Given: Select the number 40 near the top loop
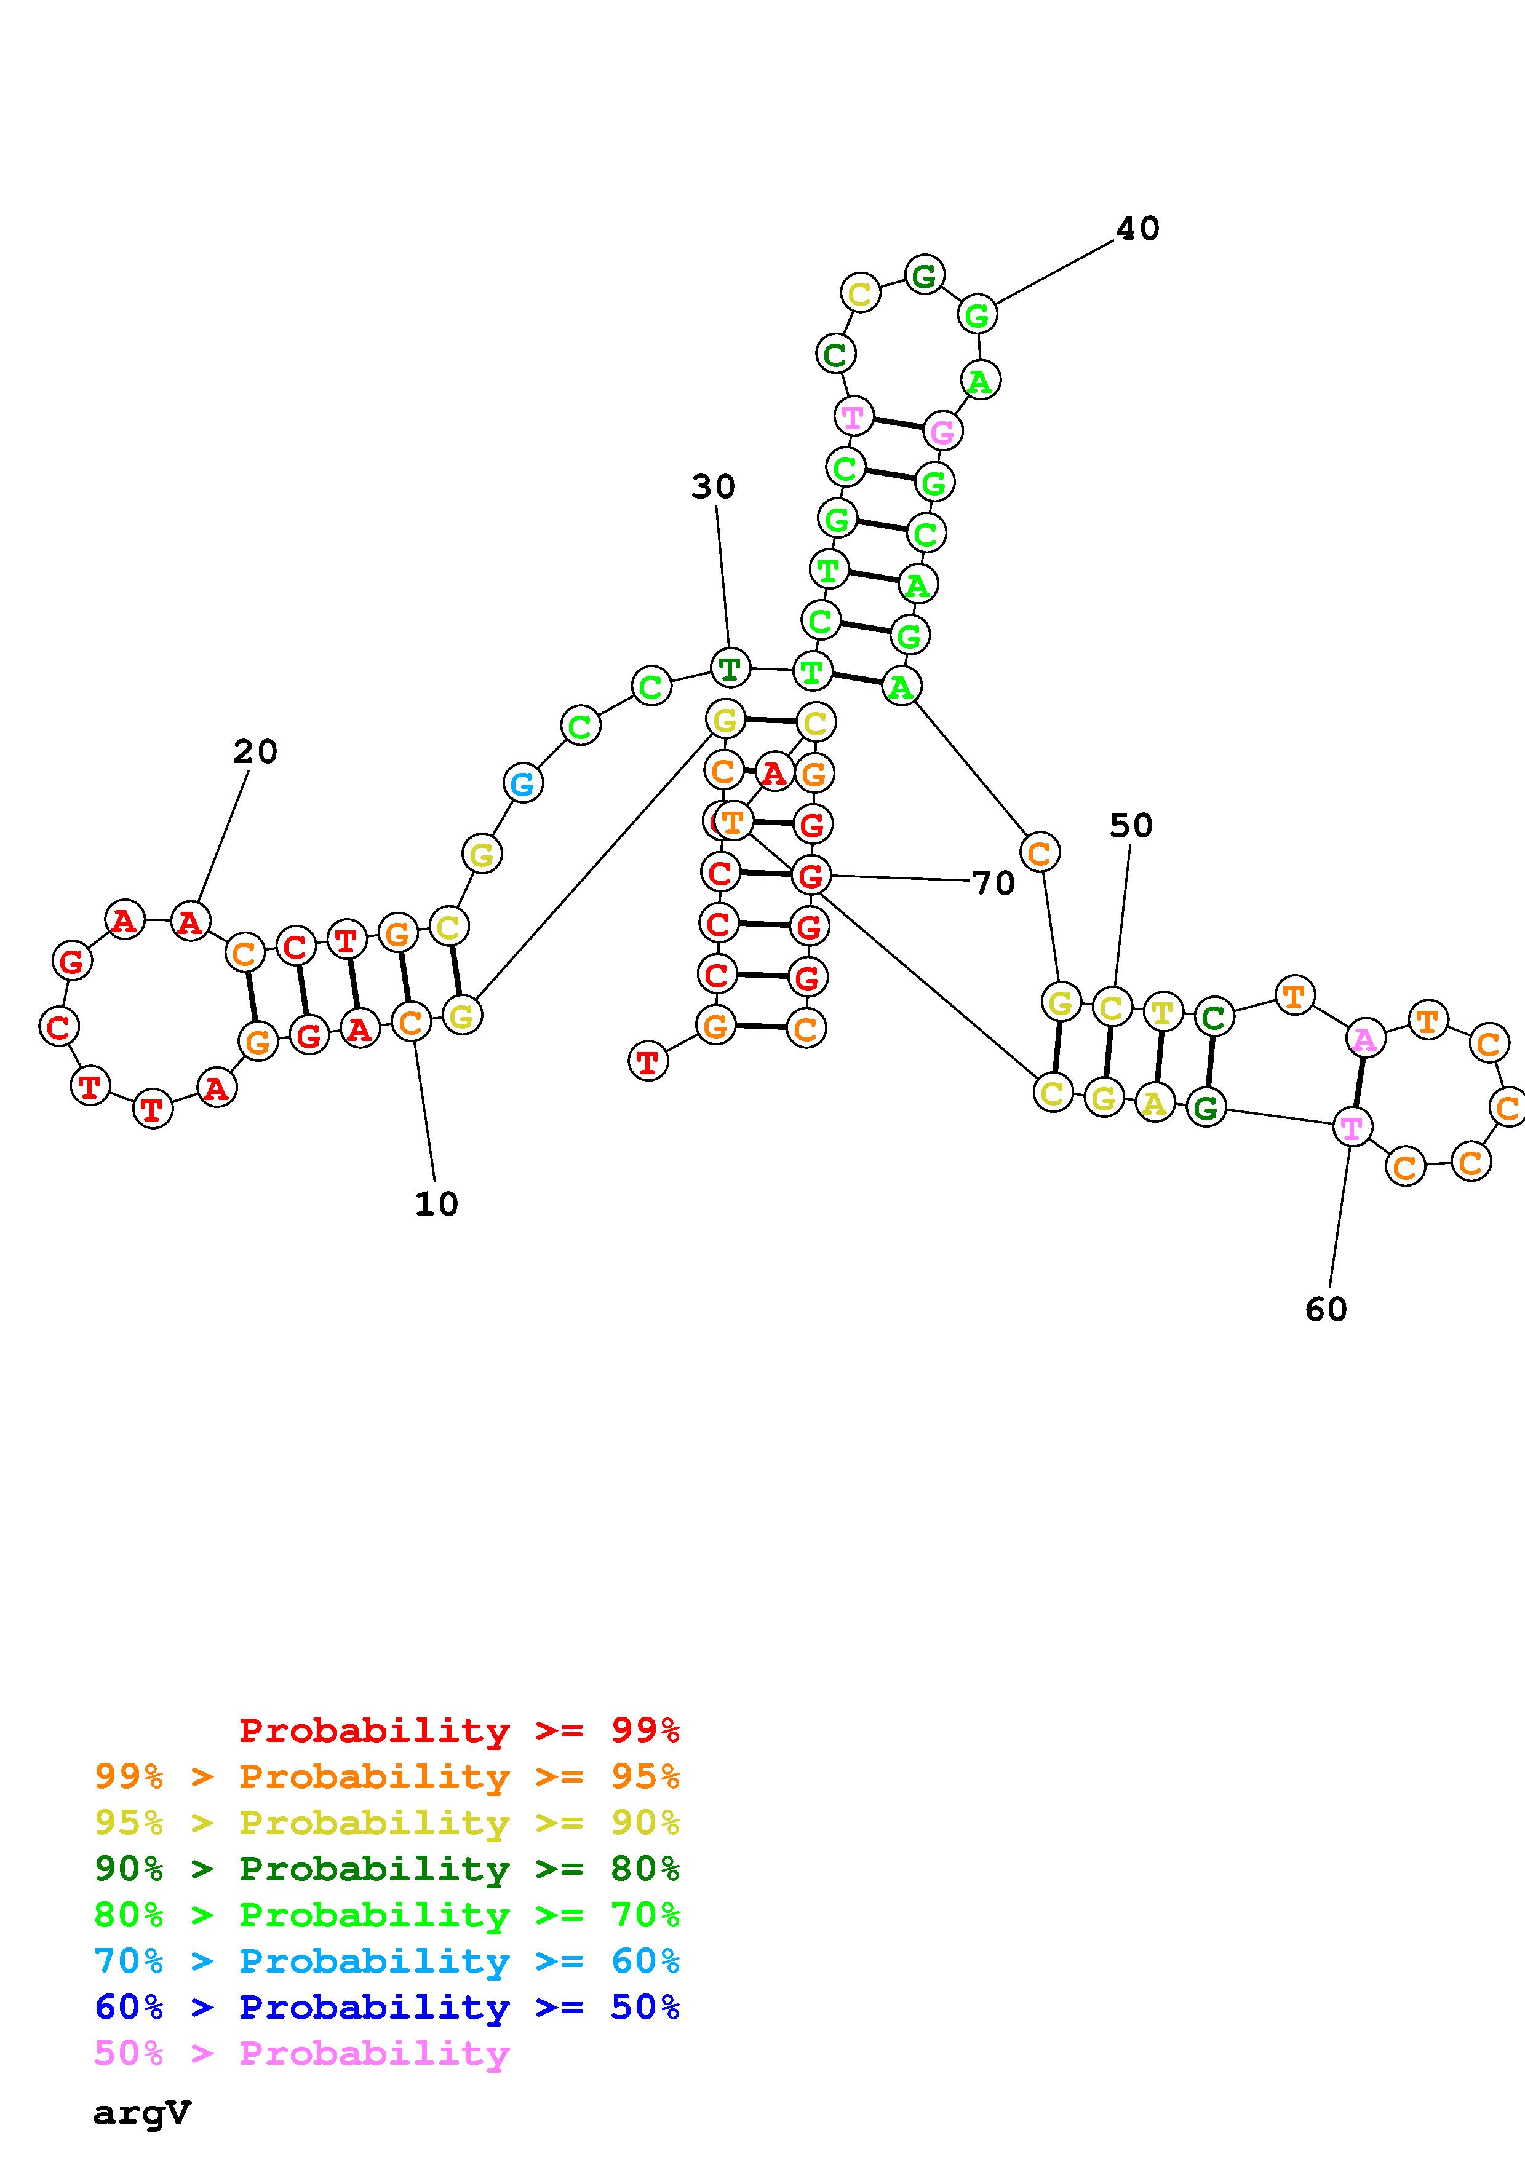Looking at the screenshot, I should pos(1138,228).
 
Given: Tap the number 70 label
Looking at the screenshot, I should pos(993,883).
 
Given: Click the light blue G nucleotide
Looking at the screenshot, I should pos(524,783).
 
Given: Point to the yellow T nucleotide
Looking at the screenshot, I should pos(1162,1012).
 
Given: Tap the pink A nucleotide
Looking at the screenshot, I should pos(1364,1039).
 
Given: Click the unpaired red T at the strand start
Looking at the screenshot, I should pos(647,1061).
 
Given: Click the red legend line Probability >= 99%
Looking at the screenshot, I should pos(458,1730).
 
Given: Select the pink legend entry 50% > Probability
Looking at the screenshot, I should pos(301,2054).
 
